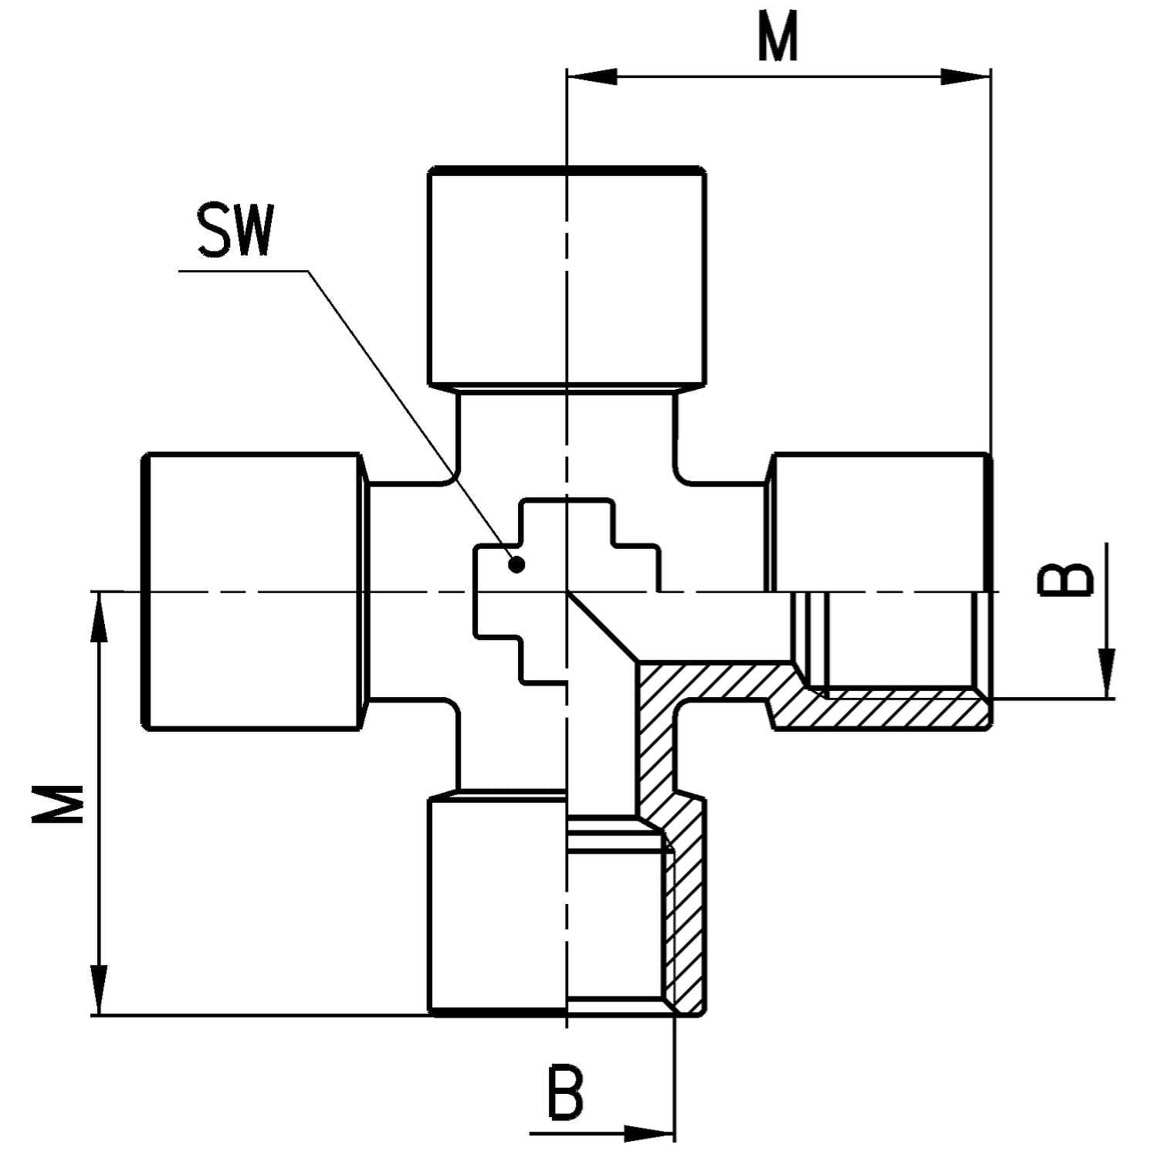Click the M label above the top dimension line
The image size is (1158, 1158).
tap(777, 39)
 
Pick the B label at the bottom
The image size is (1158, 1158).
tap(566, 1092)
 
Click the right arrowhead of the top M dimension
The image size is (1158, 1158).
tap(965, 76)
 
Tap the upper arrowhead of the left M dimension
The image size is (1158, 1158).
tap(99, 618)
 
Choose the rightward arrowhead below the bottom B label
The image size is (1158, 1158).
tap(648, 1133)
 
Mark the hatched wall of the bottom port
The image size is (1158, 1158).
tap(686, 919)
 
